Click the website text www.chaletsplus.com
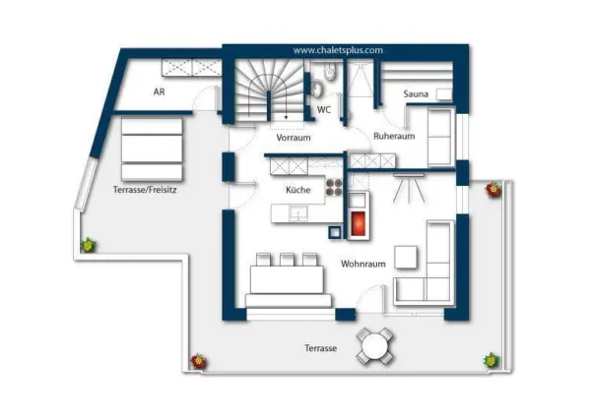point(338,49)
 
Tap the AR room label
point(159,91)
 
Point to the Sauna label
point(415,94)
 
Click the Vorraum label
point(294,138)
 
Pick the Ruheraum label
point(393,137)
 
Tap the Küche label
point(298,189)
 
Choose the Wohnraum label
point(361,264)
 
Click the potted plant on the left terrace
point(89,245)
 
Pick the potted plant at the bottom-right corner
point(490,361)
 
